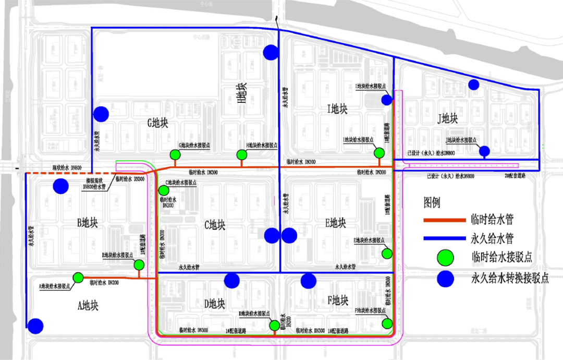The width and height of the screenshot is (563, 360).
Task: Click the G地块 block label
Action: pos(157,124)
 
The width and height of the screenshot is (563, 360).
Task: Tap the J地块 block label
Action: pos(448,119)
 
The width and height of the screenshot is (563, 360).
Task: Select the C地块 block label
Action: pos(215,225)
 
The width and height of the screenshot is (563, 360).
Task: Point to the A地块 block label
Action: pos(88,305)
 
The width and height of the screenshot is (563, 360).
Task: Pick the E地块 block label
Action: pos(335,223)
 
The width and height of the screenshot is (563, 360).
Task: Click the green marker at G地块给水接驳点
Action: pos(175,154)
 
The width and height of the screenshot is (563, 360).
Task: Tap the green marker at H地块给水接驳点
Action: pos(241,154)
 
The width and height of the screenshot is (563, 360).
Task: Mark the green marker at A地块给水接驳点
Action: pos(78,277)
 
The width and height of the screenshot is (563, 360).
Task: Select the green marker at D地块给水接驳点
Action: pos(274,326)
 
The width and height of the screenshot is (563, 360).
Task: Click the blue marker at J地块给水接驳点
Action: pos(484,151)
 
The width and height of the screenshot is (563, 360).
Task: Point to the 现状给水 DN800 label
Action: pos(67,167)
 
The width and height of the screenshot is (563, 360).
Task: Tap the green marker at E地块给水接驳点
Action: pos(387,253)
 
